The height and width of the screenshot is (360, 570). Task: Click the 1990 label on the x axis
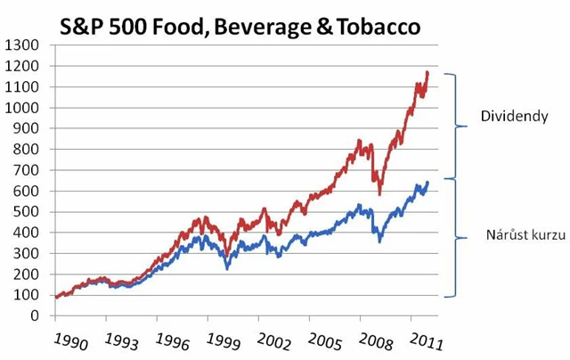(69, 341)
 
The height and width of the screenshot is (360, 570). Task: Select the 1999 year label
(223, 341)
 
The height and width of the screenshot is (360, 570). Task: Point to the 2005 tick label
(325, 341)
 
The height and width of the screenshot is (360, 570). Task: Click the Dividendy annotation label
(509, 117)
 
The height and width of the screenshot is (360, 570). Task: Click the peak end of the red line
(427, 73)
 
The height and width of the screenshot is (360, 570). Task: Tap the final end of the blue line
(427, 183)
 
